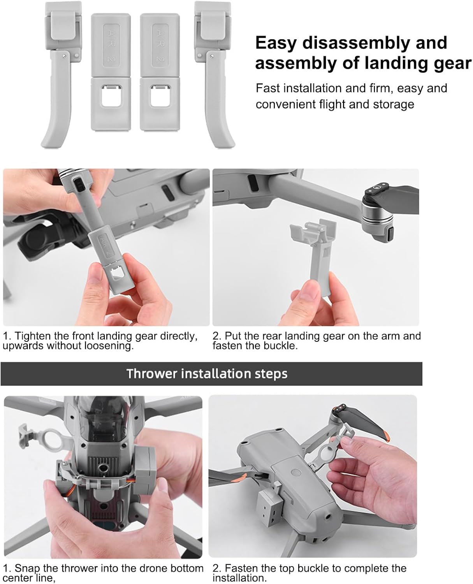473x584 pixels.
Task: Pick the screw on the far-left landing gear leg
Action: [x=64, y=56]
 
